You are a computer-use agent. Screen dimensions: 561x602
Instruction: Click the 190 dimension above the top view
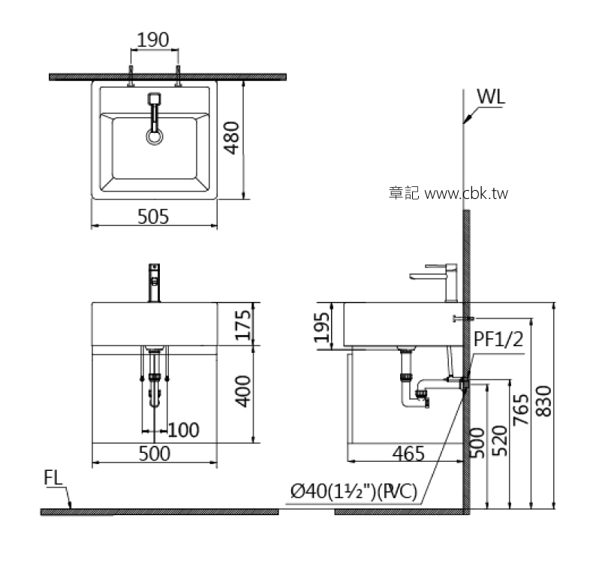[x=154, y=39]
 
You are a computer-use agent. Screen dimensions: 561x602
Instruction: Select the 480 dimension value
[x=232, y=138]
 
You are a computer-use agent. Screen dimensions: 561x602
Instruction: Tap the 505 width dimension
[x=153, y=216]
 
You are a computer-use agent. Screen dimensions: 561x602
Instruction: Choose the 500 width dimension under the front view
[x=154, y=454]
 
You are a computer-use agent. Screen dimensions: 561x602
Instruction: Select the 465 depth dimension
[x=408, y=453]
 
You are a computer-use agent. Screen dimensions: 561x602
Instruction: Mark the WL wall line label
[x=491, y=97]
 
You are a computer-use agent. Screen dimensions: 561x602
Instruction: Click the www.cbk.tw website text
[x=466, y=193]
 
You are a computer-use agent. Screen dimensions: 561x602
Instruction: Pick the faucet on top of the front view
[x=155, y=282]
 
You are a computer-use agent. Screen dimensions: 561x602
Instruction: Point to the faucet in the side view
[x=443, y=278]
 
